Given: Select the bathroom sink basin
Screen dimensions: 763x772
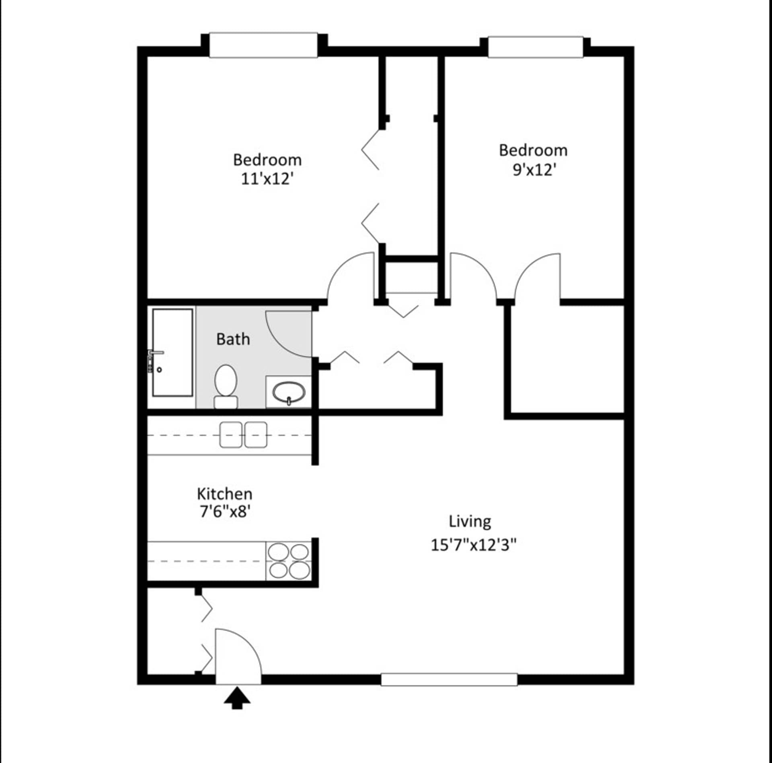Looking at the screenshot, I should [288, 392].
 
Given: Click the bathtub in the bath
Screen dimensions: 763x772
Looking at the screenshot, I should [172, 352].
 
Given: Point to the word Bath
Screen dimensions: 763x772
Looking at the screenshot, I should [233, 340].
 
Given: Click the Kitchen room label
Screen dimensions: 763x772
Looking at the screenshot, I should [224, 494].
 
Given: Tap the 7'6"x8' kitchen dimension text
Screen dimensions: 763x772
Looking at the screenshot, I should [225, 512].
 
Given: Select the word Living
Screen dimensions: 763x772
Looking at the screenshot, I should [470, 522].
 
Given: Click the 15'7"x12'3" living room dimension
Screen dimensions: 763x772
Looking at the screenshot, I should [473, 545].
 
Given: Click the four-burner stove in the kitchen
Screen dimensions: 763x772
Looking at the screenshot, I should [289, 561].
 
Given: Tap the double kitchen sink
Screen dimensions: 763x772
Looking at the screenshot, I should [243, 435].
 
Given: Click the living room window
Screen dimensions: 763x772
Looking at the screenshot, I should [449, 679].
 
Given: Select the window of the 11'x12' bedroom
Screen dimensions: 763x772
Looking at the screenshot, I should [263, 45].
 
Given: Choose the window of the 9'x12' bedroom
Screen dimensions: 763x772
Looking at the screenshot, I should [535, 47].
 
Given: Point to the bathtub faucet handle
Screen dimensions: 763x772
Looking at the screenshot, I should [156, 352].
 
